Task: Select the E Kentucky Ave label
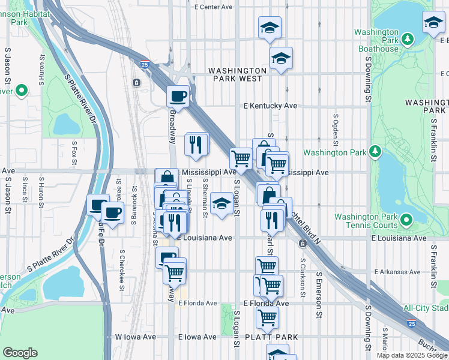tap(270, 106)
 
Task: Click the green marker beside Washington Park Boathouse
tap(408, 39)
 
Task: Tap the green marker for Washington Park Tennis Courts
tap(406, 220)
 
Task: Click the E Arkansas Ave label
tap(397, 272)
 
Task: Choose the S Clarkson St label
tap(303, 266)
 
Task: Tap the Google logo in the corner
tap(20, 353)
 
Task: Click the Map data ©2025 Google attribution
tap(412, 355)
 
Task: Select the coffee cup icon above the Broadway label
tap(178, 95)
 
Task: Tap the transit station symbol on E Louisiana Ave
tap(303, 243)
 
